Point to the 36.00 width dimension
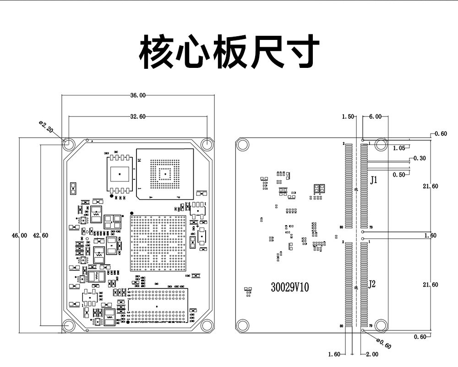138,95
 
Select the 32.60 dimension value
138,117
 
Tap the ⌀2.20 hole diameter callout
46,127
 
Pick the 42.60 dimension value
41,235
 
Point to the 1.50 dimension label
348,117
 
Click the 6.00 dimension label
375,117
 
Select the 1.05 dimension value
399,148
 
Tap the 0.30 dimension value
420,158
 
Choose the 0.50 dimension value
399,175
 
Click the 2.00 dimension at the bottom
372,354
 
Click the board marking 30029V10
290,288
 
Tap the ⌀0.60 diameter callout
383,344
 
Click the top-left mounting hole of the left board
69,144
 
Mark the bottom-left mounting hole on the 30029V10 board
242,325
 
